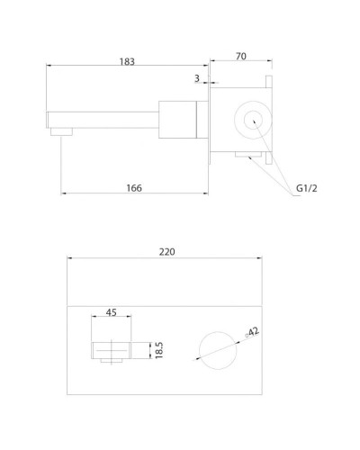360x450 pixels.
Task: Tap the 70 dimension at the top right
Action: [x=240, y=56]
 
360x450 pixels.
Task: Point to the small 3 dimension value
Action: [x=196, y=79]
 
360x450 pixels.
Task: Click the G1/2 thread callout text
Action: [x=309, y=188]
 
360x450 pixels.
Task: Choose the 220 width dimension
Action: [x=166, y=253]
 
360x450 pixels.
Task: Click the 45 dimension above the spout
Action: [x=112, y=312]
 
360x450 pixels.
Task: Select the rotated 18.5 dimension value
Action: [x=157, y=350]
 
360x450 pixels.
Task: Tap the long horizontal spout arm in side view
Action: [x=103, y=117]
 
